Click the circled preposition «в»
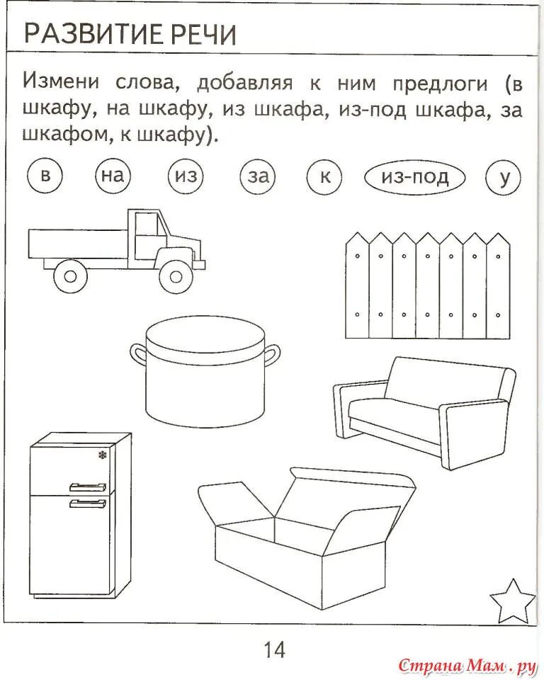click(45, 176)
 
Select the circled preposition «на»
click(113, 176)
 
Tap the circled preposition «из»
click(186, 176)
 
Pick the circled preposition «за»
click(258, 176)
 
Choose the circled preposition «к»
click(325, 176)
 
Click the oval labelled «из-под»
click(415, 176)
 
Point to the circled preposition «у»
click(504, 176)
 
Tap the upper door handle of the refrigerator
click(87, 487)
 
